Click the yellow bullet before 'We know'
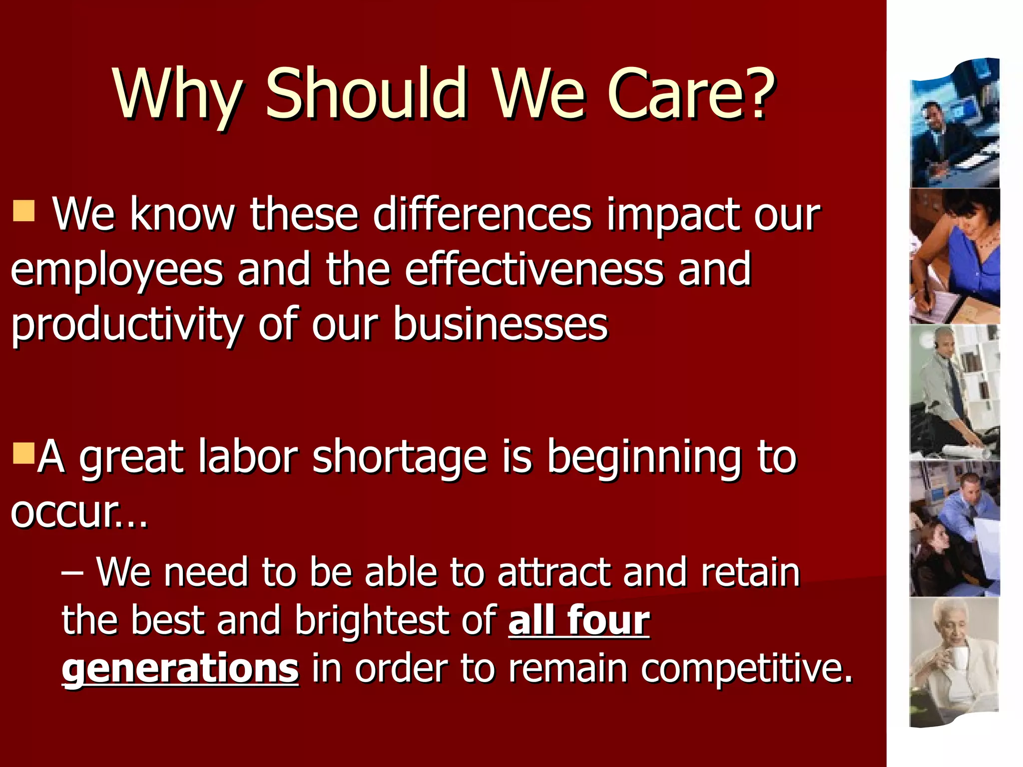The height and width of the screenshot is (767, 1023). pos(24,211)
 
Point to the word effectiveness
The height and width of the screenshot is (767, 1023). pos(534,270)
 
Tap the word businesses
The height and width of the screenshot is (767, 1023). pos(501,325)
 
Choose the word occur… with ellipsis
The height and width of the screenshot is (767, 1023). pos(79,512)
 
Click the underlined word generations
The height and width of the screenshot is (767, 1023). pos(180,668)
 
